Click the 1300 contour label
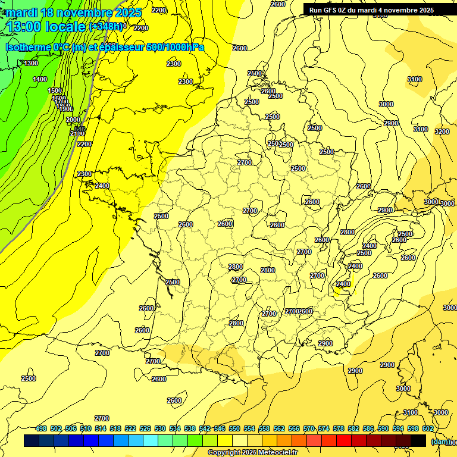31,63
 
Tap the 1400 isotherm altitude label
40,79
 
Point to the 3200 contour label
442,132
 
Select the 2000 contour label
73,120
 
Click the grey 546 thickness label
80,129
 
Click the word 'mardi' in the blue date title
22,12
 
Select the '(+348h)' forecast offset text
105,26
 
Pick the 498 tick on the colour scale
41,428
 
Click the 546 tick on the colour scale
220,428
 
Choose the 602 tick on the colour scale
428,428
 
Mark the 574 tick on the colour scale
324,428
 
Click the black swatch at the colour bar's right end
418,441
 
